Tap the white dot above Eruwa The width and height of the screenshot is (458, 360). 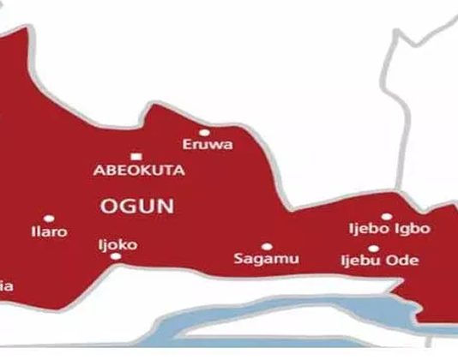tap(204, 132)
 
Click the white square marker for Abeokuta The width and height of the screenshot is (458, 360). tap(136, 156)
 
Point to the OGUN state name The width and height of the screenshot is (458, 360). tap(137, 206)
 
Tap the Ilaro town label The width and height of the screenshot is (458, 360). tap(48, 231)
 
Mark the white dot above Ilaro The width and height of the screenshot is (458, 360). tap(48, 219)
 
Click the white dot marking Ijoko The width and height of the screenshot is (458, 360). tap(104, 232)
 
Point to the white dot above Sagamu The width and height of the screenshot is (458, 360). tap(266, 246)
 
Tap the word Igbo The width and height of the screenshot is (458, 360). tap(413, 229)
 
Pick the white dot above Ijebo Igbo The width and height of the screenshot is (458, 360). tap(387, 217)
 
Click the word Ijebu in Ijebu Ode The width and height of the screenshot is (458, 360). tap(361, 259)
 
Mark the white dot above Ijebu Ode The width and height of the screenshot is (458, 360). tap(387, 247)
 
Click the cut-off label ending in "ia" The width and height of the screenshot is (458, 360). tap(7, 285)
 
